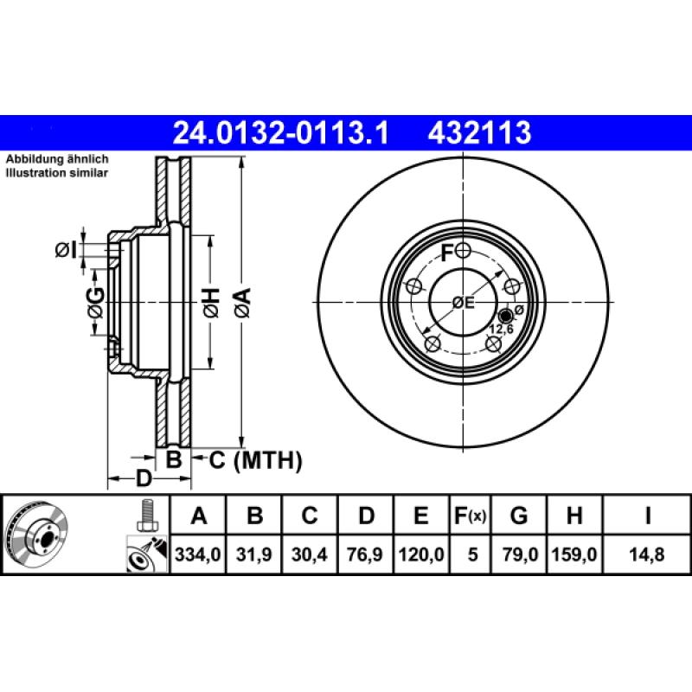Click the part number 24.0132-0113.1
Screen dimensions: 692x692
coord(282,132)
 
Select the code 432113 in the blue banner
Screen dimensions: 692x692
coord(477,132)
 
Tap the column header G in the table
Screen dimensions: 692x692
coord(518,516)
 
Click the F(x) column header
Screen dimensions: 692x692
coord(471,516)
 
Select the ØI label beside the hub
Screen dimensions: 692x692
coord(67,250)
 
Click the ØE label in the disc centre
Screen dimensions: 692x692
coord(465,302)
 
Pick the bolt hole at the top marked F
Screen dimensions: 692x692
coord(464,251)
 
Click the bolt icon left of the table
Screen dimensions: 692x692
coord(146,516)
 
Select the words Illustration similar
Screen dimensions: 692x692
coord(57,173)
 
